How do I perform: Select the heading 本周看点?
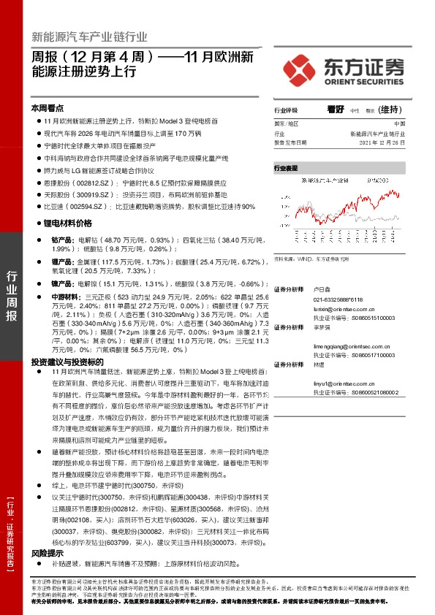[48, 107]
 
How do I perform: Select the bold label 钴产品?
[61, 240]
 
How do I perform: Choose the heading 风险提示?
[47, 554]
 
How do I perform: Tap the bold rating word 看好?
[336, 109]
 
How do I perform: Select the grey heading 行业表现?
[286, 168]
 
